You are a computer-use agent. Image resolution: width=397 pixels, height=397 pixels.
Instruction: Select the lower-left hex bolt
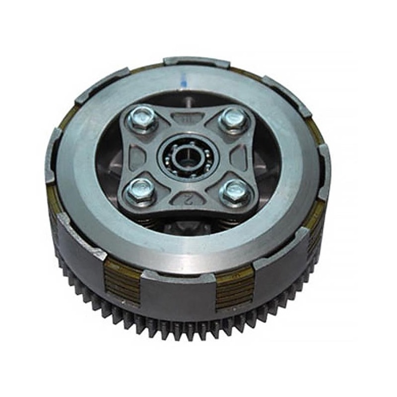(x=140, y=190)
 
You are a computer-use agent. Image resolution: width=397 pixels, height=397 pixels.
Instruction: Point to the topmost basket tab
(x=197, y=63)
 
